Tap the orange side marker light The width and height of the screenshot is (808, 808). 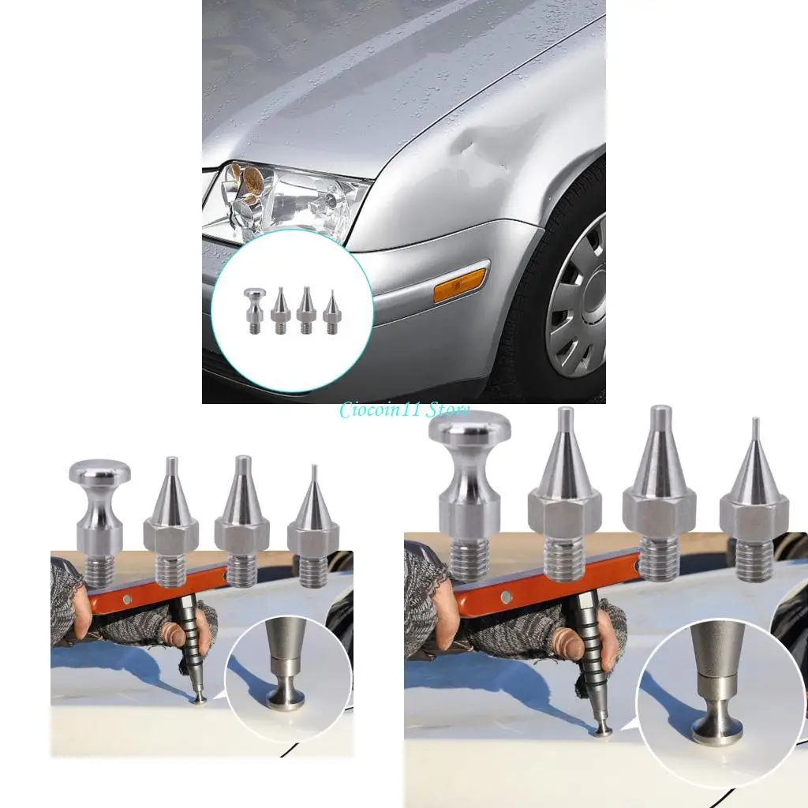tap(461, 284)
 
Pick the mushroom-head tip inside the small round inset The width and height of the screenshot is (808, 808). tap(253, 309)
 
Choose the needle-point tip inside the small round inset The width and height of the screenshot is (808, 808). tap(329, 312)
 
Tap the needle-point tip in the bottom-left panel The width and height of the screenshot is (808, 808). tap(313, 525)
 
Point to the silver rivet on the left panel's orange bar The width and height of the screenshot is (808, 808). tap(125, 600)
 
